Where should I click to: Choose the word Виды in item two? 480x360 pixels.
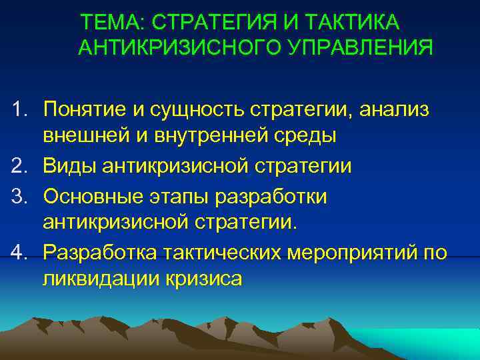70,165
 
